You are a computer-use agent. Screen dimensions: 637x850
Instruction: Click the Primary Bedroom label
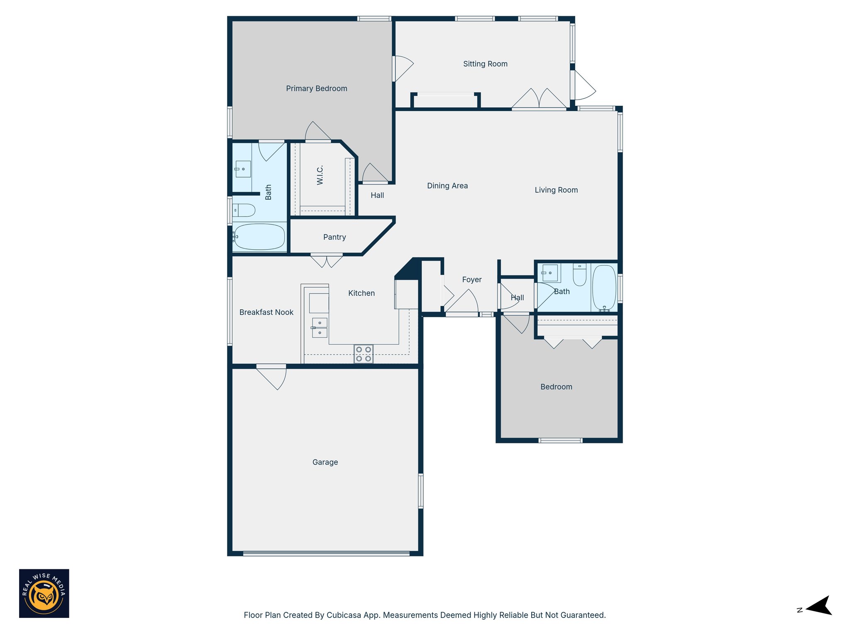click(316, 88)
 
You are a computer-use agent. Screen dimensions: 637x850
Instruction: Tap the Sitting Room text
click(485, 64)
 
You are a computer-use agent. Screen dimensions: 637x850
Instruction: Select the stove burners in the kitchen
click(364, 354)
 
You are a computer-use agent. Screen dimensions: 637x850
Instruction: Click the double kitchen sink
click(320, 328)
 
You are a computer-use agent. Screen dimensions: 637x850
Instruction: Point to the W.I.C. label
click(320, 175)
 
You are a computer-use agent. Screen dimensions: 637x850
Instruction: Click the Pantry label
click(335, 237)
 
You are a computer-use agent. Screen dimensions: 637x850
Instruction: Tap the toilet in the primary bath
click(244, 210)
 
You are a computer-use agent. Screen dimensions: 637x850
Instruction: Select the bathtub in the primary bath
click(259, 237)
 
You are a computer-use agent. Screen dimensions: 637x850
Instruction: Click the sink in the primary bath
click(242, 169)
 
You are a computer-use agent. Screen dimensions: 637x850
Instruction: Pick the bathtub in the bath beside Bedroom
click(604, 288)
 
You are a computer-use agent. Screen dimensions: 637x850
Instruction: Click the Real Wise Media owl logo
click(44, 593)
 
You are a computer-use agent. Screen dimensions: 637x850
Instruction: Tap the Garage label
click(325, 462)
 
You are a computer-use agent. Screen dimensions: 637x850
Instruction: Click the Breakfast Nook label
click(266, 312)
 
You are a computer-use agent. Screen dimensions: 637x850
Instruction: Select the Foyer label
click(472, 280)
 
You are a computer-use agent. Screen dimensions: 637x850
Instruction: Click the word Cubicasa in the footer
click(343, 615)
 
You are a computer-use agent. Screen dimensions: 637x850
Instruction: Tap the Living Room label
click(556, 190)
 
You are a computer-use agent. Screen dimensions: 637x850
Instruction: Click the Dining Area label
click(447, 186)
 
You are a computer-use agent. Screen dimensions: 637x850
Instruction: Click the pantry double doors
click(327, 261)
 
